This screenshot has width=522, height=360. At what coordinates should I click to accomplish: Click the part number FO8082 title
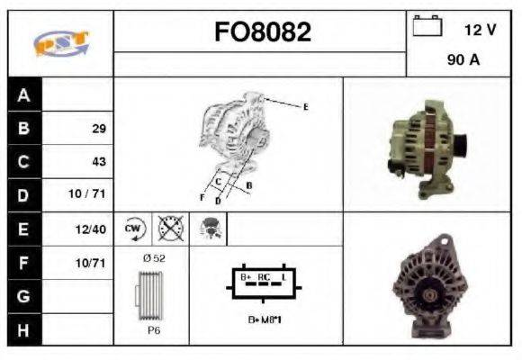coord(262,32)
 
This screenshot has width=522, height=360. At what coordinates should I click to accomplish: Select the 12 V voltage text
coord(479,30)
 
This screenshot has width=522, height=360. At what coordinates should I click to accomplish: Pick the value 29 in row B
coord(98,129)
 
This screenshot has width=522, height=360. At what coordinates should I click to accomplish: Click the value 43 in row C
coord(98,162)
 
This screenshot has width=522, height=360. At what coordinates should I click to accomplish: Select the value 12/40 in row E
coord(92,229)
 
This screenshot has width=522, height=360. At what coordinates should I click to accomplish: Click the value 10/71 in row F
coord(92,263)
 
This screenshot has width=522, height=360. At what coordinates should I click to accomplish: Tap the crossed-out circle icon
coord(170,229)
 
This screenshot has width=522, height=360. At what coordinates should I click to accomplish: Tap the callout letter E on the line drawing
coord(305,107)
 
